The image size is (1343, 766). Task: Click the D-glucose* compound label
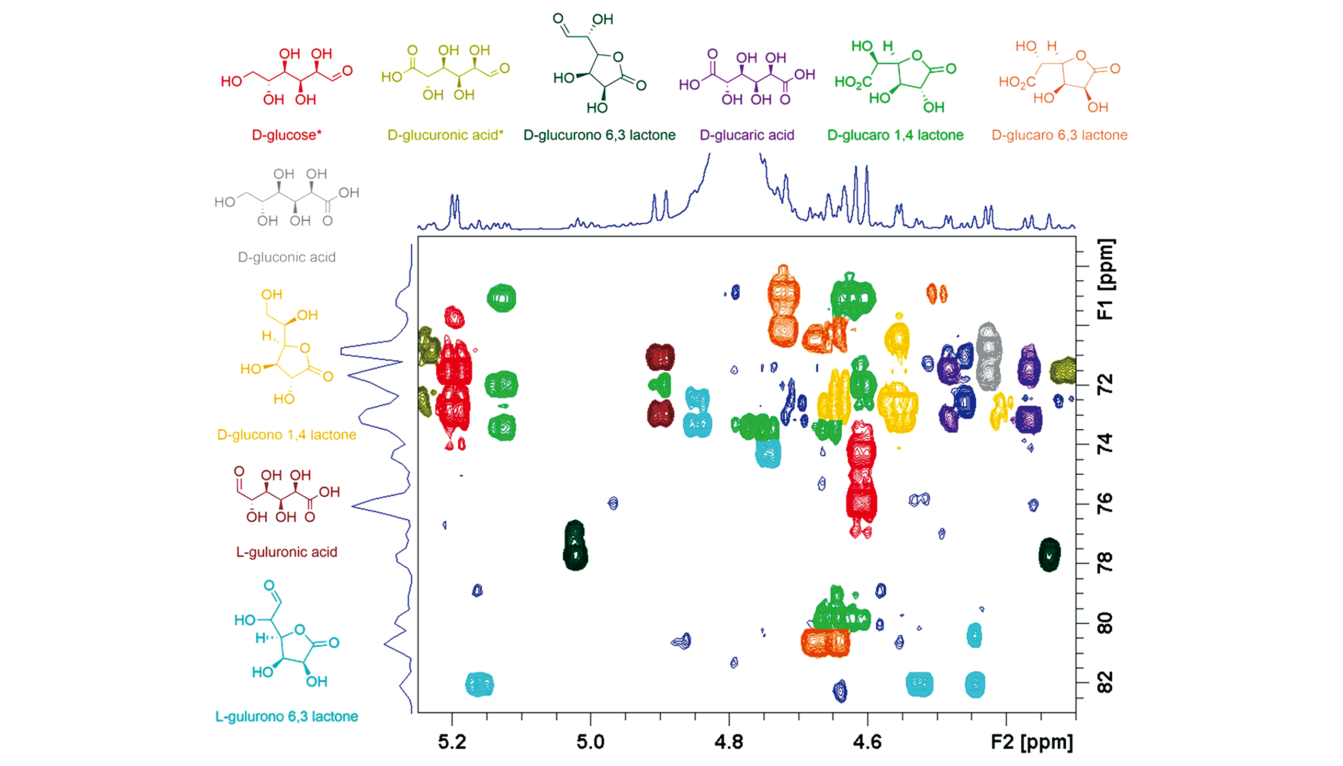[x=286, y=135]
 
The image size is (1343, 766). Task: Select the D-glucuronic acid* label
[x=445, y=135]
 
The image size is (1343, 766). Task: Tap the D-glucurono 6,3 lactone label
[x=600, y=135]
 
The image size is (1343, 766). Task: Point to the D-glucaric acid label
[x=747, y=135]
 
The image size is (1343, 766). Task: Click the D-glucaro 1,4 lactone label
[x=895, y=135]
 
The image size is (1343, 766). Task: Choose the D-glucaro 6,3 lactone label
[x=1059, y=135]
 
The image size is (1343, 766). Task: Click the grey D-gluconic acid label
[x=286, y=257]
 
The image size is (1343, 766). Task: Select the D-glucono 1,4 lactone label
[x=286, y=435]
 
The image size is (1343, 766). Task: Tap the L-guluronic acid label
[x=286, y=552]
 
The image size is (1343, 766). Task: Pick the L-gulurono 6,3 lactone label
[x=286, y=716]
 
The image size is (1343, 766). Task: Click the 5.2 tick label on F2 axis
[x=452, y=742]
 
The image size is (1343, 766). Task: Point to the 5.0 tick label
[x=591, y=742]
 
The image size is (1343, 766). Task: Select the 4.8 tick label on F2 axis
[x=729, y=742]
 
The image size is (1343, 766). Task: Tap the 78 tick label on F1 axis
[x=1105, y=563]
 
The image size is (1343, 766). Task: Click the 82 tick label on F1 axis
[x=1105, y=682]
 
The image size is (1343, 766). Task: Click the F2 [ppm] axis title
[x=1032, y=742]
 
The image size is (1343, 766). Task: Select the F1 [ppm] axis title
[x=1105, y=279]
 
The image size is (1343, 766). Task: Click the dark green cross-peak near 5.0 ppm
[x=575, y=545]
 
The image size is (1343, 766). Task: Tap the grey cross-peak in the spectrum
[x=988, y=357]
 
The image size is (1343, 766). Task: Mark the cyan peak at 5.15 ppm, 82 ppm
[x=479, y=684]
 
